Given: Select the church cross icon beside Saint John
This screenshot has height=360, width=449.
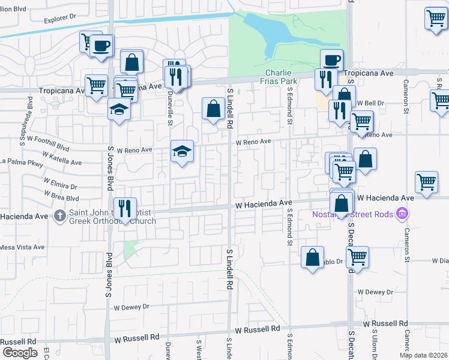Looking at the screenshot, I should [59, 214].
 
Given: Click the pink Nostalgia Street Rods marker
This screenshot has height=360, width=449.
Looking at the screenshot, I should [403, 214].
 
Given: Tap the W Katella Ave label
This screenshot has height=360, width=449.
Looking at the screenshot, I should [61, 162].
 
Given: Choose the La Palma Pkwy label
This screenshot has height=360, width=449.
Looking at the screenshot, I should [23, 161].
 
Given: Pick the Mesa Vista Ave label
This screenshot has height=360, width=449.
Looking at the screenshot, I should [22, 247].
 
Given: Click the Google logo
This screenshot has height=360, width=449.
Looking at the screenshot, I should [20, 352].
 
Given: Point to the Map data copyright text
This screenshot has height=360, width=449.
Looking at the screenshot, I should [424, 355].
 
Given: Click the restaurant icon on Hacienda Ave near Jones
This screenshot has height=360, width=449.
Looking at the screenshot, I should [125, 208].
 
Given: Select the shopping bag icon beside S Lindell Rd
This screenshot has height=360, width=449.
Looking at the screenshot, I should [212, 109].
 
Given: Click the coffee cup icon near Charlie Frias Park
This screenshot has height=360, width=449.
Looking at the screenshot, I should [331, 59].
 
